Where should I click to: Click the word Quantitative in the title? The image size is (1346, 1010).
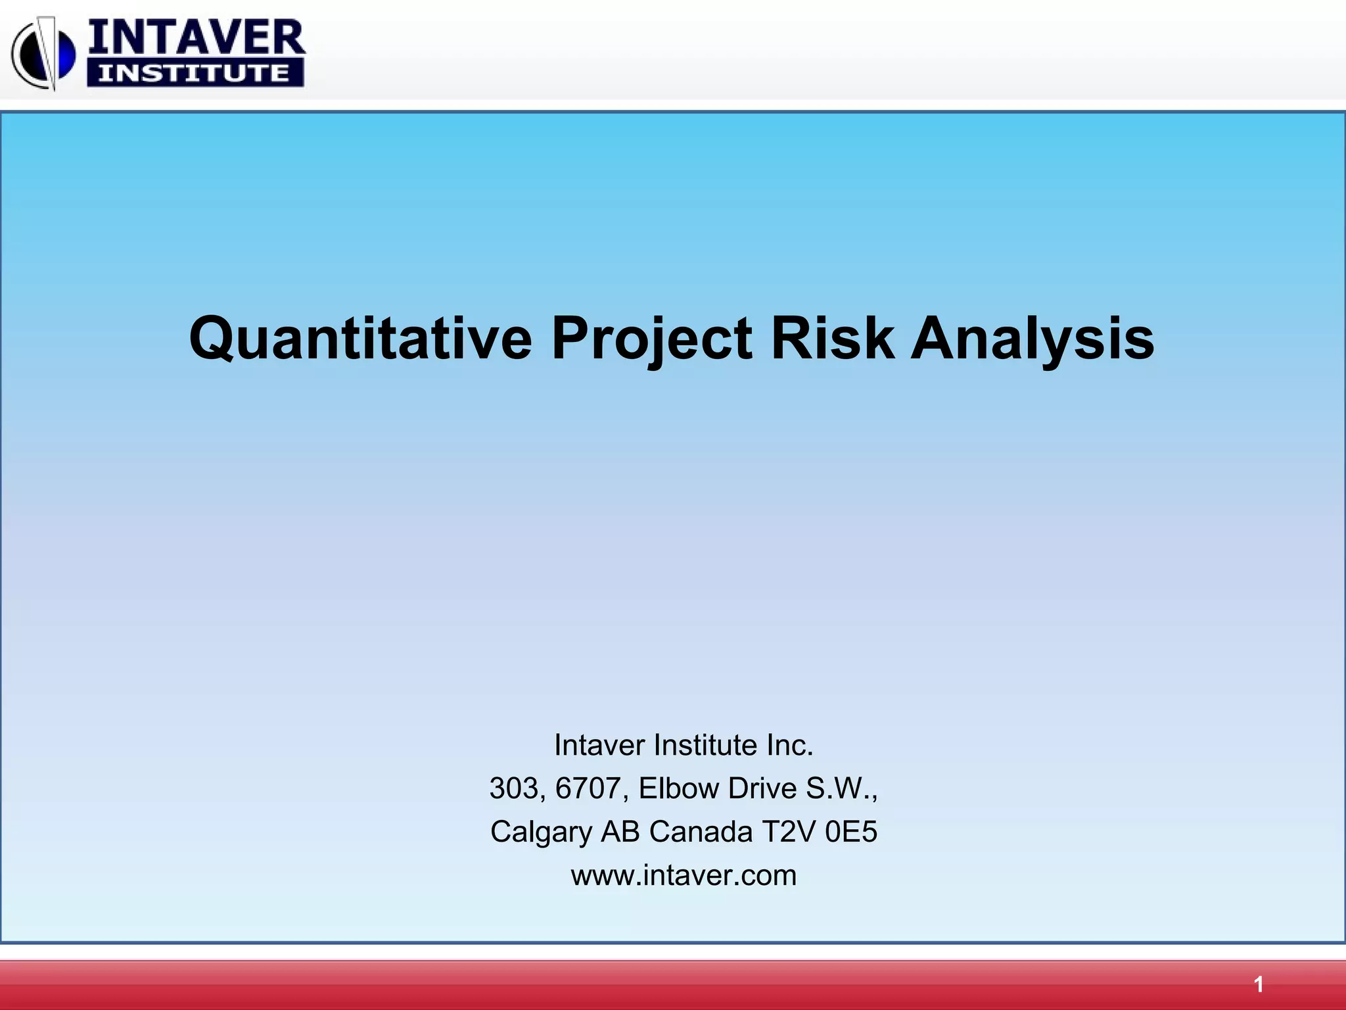coord(360,339)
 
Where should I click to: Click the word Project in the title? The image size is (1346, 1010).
coord(651,339)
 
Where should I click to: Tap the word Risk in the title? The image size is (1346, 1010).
coord(832,339)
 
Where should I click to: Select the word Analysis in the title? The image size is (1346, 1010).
coord(1032,339)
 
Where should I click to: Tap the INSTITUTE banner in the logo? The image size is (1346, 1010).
coord(195,72)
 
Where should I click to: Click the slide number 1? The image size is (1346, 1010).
coord(1258,984)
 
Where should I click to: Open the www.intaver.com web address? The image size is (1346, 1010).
coord(684,875)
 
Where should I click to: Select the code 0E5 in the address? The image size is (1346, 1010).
coord(851,832)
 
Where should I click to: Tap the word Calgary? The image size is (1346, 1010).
coord(541,832)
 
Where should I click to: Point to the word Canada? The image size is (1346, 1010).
coord(701,832)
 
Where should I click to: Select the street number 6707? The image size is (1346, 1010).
coord(587,788)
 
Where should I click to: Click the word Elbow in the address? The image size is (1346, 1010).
coord(679,788)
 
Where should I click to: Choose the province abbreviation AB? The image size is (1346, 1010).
coord(620,832)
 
